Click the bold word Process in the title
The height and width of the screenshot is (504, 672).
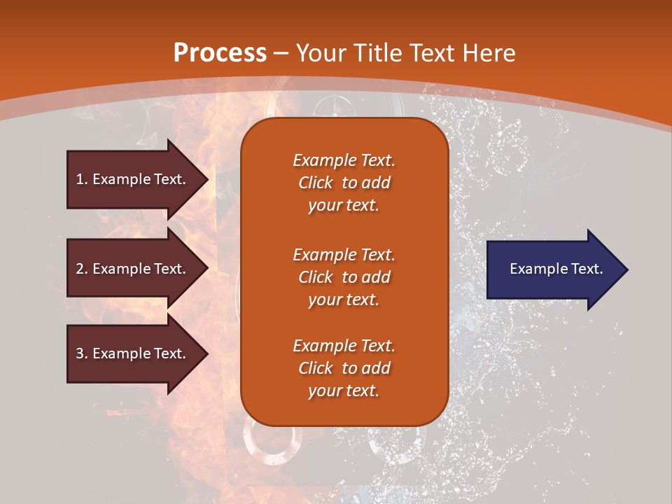(x=220, y=53)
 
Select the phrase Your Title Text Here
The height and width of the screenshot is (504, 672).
(x=405, y=53)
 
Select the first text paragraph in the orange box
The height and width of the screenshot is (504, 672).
(x=344, y=183)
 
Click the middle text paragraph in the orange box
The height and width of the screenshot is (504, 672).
(x=344, y=277)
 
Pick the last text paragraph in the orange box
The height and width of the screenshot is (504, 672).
(x=344, y=368)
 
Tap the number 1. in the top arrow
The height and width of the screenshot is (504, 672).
(x=82, y=179)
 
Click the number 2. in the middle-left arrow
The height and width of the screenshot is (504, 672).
(x=82, y=269)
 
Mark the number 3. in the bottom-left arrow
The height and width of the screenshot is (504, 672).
(x=82, y=353)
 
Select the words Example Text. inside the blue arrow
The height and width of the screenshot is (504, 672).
(x=556, y=269)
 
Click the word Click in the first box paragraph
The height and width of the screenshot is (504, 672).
(x=316, y=183)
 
